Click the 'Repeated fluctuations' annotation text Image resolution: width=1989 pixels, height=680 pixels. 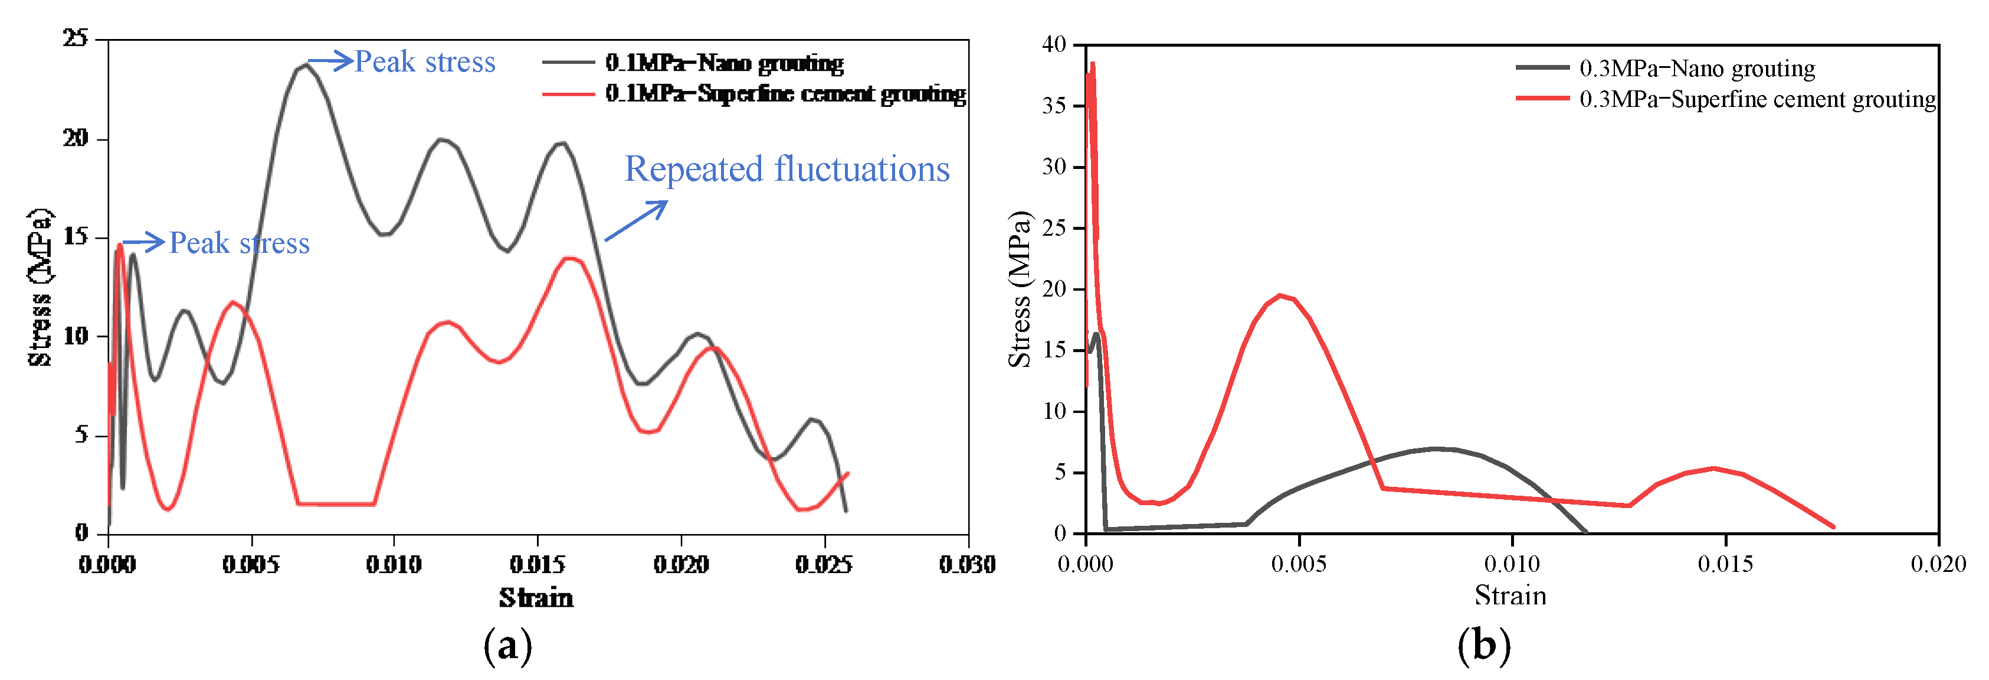pyautogui.click(x=786, y=169)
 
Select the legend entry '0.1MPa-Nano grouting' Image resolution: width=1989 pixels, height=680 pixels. pyautogui.click(x=723, y=63)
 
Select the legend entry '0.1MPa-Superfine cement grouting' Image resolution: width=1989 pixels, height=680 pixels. pyautogui.click(x=785, y=93)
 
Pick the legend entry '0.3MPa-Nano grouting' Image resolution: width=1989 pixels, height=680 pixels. pyautogui.click(x=1696, y=69)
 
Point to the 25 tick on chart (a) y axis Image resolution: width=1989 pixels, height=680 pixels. pyautogui.click(x=76, y=38)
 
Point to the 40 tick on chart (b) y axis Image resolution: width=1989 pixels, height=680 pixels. pyautogui.click(x=1053, y=44)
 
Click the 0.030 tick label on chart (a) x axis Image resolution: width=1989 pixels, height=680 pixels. pyautogui.click(x=966, y=565)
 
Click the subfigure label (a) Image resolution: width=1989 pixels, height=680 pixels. pyautogui.click(x=507, y=645)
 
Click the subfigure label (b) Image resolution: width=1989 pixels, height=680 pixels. pyautogui.click(x=1483, y=645)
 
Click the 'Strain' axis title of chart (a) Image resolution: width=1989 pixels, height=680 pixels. pyautogui.click(x=536, y=598)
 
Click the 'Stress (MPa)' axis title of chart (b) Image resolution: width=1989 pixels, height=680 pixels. pyautogui.click(x=1019, y=289)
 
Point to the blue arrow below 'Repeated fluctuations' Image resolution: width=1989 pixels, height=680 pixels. pyautogui.click(x=635, y=221)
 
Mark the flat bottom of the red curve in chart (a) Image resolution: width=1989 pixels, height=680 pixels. pyautogui.click(x=336, y=504)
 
